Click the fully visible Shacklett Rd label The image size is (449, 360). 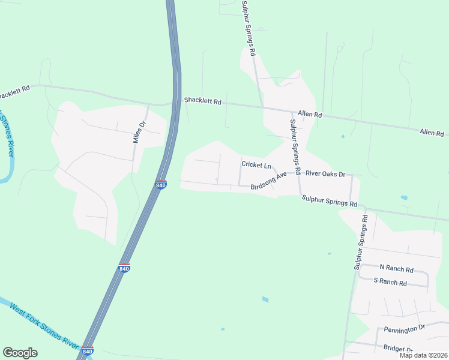click(203, 101)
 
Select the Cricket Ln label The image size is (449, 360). click(256, 164)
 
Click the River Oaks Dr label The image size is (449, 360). click(325, 174)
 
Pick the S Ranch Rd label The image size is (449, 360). click(390, 282)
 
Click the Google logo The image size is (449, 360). click(20, 353)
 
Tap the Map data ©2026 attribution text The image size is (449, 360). click(423, 355)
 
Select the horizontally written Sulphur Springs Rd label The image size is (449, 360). click(330, 200)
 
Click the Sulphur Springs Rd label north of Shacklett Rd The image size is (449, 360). click(248, 29)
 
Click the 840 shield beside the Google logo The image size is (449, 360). click(88, 350)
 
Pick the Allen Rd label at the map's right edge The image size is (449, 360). click(431, 132)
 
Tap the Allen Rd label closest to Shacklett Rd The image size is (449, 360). click(310, 115)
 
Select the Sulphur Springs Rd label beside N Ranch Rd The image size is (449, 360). click(360, 241)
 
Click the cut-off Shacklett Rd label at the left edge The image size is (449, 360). click(14, 93)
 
